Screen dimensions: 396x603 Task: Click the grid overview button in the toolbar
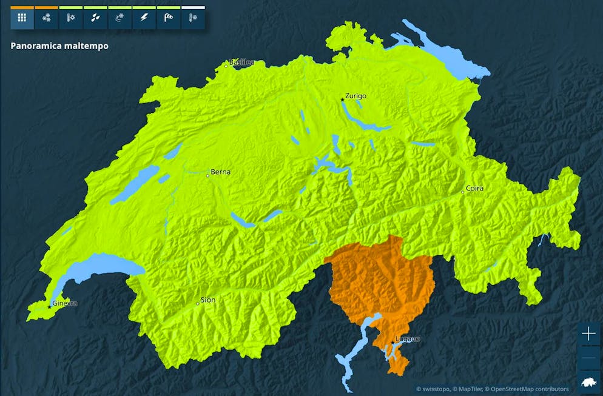tap(22, 18)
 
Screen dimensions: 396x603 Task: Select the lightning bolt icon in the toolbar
tap(144, 18)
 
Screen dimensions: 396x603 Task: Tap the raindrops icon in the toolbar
tap(95, 18)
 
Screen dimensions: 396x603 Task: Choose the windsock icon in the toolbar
tap(168, 18)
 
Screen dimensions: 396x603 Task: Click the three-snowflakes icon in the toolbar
tap(46, 18)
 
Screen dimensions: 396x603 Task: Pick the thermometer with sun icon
tap(70, 18)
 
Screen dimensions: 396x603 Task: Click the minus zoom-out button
tap(588, 358)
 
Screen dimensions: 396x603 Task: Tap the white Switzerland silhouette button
tap(588, 383)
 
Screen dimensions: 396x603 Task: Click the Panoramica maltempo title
tap(59, 45)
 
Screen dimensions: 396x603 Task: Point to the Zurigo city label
tap(355, 96)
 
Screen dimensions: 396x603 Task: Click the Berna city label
tap(220, 172)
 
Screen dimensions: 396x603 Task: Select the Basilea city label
tap(241, 62)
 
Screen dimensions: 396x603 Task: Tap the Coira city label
tap(474, 188)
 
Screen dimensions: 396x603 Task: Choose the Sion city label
tap(208, 300)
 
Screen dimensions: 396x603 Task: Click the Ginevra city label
tap(65, 303)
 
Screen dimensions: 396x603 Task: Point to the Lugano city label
tap(407, 339)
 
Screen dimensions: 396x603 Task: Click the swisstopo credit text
tap(436, 389)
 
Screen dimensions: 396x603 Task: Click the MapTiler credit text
tap(471, 389)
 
